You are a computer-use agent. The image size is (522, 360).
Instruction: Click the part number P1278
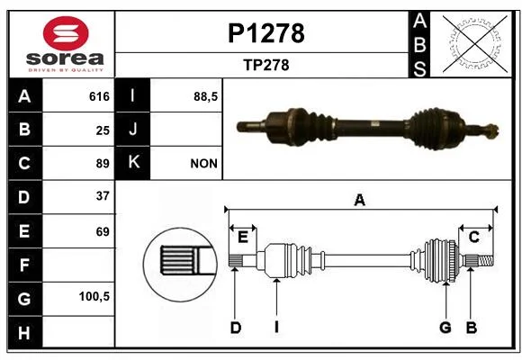pyautogui.click(x=266, y=33)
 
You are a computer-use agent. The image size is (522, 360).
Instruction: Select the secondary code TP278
pyautogui.click(x=266, y=65)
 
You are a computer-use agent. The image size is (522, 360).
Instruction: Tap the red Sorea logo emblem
pyautogui.click(x=66, y=33)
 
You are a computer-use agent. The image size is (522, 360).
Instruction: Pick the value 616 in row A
pyautogui.click(x=99, y=96)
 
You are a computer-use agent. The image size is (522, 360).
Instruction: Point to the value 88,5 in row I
pyautogui.click(x=205, y=97)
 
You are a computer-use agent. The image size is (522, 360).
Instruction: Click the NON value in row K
pyautogui.click(x=203, y=164)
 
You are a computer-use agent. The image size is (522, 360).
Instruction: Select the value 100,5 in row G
pyautogui.click(x=94, y=296)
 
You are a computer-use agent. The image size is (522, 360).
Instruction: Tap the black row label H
pyautogui.click(x=25, y=332)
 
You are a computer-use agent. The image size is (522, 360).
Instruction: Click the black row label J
pyautogui.click(x=132, y=129)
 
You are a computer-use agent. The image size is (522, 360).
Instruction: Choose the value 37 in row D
pyautogui.click(x=103, y=196)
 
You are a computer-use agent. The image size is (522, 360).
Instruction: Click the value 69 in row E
pyautogui.click(x=103, y=231)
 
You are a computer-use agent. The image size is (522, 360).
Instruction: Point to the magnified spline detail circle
pyautogui.click(x=181, y=265)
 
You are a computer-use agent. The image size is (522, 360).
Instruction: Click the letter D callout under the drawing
pyautogui.click(x=236, y=328)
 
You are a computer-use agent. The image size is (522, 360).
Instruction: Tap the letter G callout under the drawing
pyautogui.click(x=445, y=328)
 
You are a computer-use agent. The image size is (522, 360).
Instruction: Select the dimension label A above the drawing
pyautogui.click(x=360, y=201)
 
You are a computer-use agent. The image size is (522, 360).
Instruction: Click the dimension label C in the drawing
pyautogui.click(x=473, y=238)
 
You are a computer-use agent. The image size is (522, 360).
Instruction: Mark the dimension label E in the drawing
pyautogui.click(x=243, y=238)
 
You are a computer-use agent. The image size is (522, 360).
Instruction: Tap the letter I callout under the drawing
pyautogui.click(x=276, y=328)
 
